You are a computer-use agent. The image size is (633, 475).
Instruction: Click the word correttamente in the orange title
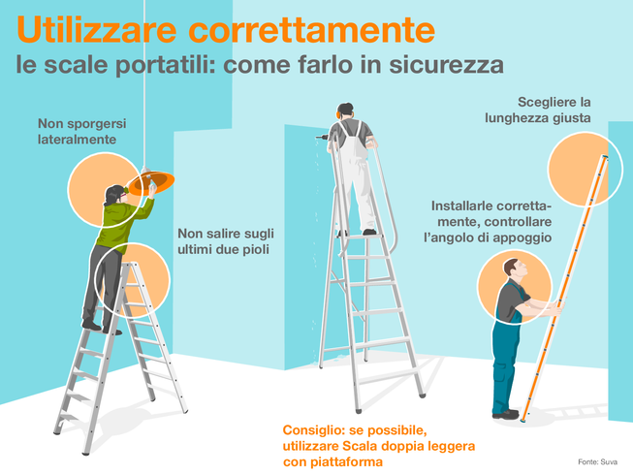[x=312, y=30]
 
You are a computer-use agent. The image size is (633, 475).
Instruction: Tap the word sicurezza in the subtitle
[x=447, y=64]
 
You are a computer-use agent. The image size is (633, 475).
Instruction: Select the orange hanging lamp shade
[x=152, y=182]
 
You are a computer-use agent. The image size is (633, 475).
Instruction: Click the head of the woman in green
[x=114, y=195]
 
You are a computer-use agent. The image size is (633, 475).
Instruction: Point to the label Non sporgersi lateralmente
[x=82, y=131]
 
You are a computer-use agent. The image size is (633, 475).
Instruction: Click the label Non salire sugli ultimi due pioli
[x=226, y=241]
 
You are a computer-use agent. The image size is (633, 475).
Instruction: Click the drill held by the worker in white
[x=322, y=138]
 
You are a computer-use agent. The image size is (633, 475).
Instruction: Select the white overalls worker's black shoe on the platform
[x=369, y=232]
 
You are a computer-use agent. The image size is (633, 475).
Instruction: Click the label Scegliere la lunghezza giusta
[x=538, y=110]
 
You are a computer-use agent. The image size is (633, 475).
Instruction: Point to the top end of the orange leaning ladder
[x=605, y=157]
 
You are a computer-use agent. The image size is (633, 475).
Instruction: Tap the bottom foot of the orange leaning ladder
[x=524, y=420]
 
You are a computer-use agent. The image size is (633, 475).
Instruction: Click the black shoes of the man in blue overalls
[x=505, y=414]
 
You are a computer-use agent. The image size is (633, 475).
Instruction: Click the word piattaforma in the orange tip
[x=347, y=461]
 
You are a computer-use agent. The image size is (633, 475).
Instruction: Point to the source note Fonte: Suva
[x=597, y=462]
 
